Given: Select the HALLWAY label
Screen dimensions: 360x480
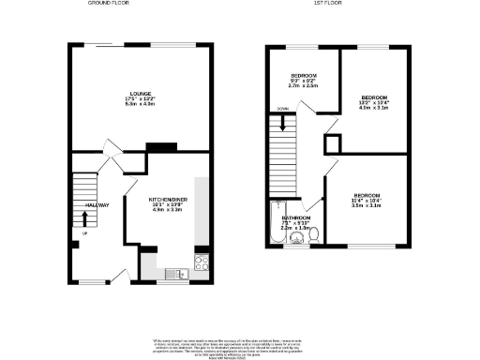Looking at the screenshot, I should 98,205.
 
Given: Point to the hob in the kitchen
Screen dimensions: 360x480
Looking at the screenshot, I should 200,260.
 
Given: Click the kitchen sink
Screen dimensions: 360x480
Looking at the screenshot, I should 175,274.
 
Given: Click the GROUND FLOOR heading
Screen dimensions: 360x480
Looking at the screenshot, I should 108,4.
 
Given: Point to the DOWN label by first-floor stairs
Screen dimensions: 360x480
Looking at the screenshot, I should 282,108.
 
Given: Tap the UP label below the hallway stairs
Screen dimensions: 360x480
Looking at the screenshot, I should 84,233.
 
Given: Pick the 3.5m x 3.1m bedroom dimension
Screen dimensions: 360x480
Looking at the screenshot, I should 363,203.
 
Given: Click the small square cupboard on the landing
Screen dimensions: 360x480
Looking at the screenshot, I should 332,143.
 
